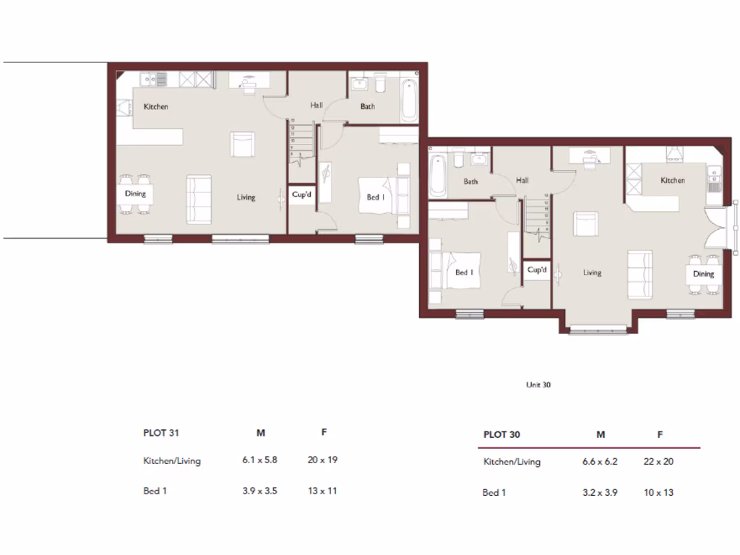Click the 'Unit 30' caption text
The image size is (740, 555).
coord(538,385)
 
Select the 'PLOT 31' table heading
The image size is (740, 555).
coord(161,434)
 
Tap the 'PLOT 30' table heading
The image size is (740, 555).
coord(502,435)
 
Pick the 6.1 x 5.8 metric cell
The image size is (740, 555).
coord(260,460)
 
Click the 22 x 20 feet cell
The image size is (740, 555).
coord(658,462)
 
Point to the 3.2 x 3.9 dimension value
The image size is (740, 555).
coord(600,493)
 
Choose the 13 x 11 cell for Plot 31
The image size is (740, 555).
coord(322,491)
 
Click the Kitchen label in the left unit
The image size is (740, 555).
coord(156,107)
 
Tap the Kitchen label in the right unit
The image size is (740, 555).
coord(672,180)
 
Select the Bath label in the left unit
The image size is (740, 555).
coord(368,107)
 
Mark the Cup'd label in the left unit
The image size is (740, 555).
coord(301,194)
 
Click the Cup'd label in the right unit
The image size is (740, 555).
coord(536,270)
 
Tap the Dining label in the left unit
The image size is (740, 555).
coord(135,194)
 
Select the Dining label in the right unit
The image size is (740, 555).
coord(703,274)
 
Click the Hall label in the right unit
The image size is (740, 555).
coord(522,180)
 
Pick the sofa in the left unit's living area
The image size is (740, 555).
coord(199,199)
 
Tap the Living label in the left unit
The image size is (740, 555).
coord(246,197)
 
